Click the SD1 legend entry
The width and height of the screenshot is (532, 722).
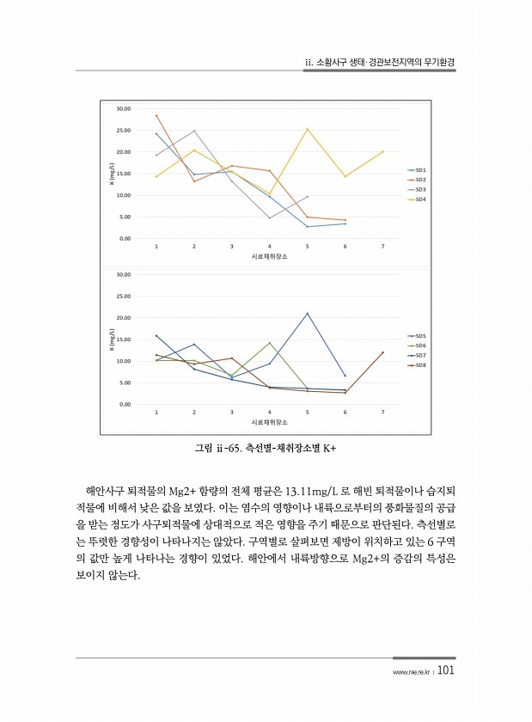tap(421, 170)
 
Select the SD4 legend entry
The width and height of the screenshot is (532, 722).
tap(421, 199)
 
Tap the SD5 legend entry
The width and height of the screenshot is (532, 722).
tap(421, 336)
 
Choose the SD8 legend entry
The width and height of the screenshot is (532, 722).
tap(421, 365)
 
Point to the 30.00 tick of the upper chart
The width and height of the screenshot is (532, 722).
tap(122, 109)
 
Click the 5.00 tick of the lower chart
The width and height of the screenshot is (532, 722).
tap(124, 382)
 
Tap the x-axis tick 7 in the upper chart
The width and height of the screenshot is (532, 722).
tap(382, 247)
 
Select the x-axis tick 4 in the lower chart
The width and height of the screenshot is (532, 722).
tap(270, 413)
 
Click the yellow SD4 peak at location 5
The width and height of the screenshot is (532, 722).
tap(308, 129)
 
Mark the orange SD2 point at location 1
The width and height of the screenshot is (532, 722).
tap(156, 115)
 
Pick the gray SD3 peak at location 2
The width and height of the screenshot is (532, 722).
tap(194, 132)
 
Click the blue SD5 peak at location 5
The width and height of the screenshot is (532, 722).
tap(308, 313)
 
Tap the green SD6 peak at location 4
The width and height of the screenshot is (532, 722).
tap(270, 343)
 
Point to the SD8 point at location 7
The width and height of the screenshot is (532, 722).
tap(382, 352)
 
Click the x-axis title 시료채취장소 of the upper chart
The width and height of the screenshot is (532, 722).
tap(269, 257)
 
